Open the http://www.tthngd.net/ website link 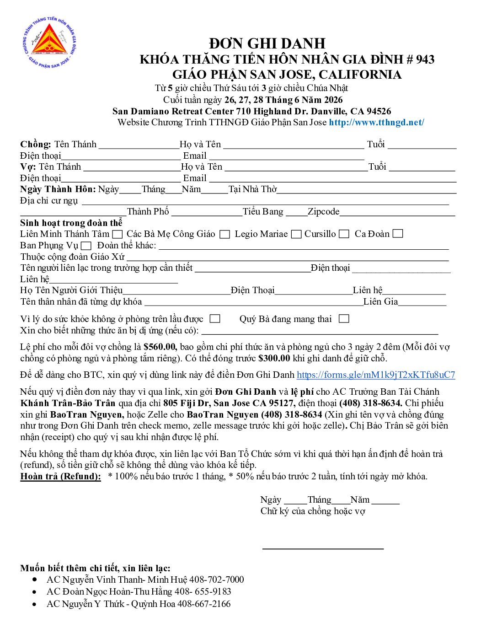tap(376, 122)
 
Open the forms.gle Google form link tap(376, 375)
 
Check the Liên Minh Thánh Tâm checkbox tap(118, 234)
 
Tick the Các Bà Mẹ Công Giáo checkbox tap(224, 234)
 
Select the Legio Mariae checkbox tap(296, 234)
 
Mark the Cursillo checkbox tap(344, 234)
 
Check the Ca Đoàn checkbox tap(398, 234)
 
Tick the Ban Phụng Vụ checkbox tap(86, 246)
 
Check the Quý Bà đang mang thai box tap(344, 319)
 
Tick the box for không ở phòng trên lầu tap(215, 319)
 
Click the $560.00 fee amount tap(160, 347)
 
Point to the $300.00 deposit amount tap(274, 358)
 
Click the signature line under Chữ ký tap(323, 547)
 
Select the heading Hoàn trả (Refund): tap(61, 476)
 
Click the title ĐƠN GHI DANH tap(267, 43)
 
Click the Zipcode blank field tap(397, 212)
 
